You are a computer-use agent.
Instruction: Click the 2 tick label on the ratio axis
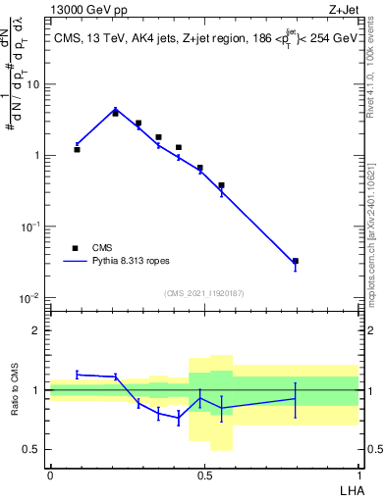[36, 330]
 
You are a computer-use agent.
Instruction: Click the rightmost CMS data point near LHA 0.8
[296, 261]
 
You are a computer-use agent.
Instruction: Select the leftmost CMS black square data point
[77, 149]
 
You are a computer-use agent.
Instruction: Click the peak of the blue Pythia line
[115, 110]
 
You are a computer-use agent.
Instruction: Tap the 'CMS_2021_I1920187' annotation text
[203, 292]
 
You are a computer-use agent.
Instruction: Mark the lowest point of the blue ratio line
[179, 418]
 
